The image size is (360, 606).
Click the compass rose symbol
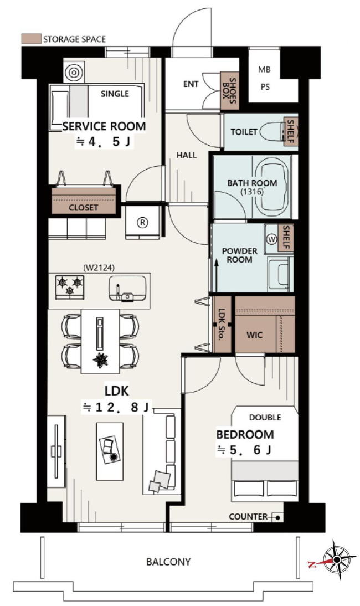[336, 559]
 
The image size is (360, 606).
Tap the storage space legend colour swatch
[31, 39]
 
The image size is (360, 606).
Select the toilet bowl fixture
[272, 132]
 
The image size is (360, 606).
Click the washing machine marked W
[272, 240]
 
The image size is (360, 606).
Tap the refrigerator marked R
[143, 222]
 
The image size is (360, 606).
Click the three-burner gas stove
[70, 287]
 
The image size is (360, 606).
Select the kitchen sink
[127, 288]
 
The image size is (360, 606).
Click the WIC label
[254, 335]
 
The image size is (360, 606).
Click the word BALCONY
[168, 562]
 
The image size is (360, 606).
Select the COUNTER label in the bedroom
[248, 517]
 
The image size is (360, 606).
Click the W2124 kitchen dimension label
[99, 267]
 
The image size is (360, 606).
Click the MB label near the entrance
[265, 70]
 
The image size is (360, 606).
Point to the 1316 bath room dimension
[252, 191]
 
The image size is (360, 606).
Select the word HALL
[187, 155]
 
